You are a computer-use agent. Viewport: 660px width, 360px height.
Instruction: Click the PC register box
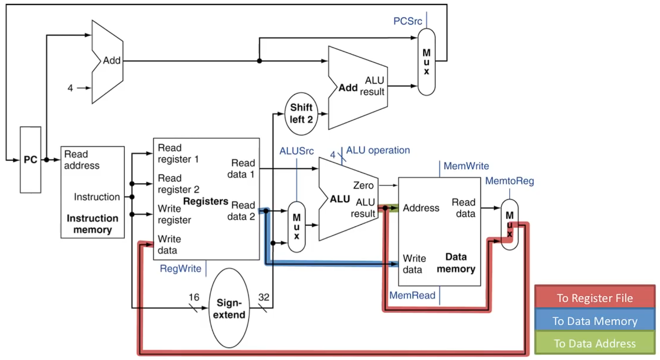pyautogui.click(x=30, y=160)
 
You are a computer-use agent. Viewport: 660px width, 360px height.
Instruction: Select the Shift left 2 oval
pyautogui.click(x=301, y=113)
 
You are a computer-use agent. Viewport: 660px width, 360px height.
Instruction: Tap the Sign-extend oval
pyautogui.click(x=229, y=308)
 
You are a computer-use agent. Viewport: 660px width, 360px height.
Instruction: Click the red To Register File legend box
pyautogui.click(x=594, y=298)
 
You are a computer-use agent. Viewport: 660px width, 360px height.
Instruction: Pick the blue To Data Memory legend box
pyautogui.click(x=594, y=321)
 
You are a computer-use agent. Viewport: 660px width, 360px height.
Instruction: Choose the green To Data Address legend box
pyautogui.click(x=594, y=343)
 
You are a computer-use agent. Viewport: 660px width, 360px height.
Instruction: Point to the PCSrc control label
pyautogui.click(x=407, y=21)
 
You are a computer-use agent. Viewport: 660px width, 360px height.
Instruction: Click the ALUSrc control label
pyautogui.click(x=296, y=151)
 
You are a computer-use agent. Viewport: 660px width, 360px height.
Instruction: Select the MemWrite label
pyautogui.click(x=466, y=166)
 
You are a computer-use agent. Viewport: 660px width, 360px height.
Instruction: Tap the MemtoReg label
pyautogui.click(x=509, y=181)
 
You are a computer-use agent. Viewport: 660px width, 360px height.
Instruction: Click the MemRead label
pyautogui.click(x=412, y=295)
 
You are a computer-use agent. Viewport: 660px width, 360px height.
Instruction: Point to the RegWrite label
pyautogui.click(x=180, y=269)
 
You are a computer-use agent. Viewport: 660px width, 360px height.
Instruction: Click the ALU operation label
pyautogui.click(x=378, y=150)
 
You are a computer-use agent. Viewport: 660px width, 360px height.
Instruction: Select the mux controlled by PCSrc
pyautogui.click(x=427, y=62)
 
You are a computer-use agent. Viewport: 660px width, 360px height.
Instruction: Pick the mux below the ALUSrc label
pyautogui.click(x=296, y=227)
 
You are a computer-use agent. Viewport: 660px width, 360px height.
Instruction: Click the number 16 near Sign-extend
pyautogui.click(x=194, y=297)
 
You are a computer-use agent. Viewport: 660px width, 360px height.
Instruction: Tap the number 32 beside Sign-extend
pyautogui.click(x=264, y=297)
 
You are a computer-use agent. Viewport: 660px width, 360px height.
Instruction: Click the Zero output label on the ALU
pyautogui.click(x=363, y=185)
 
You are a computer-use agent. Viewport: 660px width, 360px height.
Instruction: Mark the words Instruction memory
pyautogui.click(x=92, y=224)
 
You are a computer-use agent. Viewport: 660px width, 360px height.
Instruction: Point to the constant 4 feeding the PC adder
pyautogui.click(x=70, y=88)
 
